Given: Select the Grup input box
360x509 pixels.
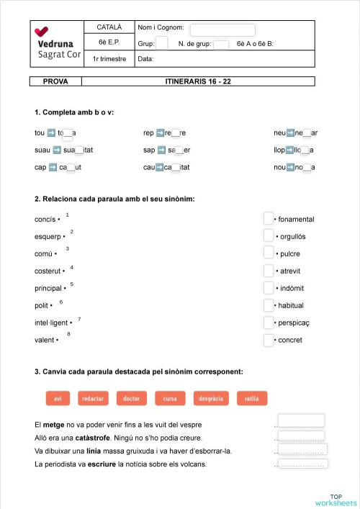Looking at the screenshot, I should (162, 43).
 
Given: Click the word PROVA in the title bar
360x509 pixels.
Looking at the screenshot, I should (55, 81).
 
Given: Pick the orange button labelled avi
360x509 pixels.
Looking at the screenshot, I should (58, 398).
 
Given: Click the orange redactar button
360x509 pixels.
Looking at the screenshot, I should (92, 398).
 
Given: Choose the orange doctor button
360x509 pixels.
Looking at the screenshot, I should (131, 398).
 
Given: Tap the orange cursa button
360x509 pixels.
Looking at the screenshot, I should (170, 398).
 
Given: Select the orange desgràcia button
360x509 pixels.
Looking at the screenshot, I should (211, 398).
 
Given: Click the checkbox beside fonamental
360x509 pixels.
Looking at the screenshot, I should (269, 218).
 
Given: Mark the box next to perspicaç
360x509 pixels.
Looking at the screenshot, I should (269, 323).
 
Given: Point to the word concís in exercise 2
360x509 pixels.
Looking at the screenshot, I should (45, 219).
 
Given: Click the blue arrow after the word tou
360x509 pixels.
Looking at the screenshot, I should (51, 132).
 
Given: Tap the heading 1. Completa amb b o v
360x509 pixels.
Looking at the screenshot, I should (73, 112).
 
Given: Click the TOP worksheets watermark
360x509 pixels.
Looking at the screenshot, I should (336, 499).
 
